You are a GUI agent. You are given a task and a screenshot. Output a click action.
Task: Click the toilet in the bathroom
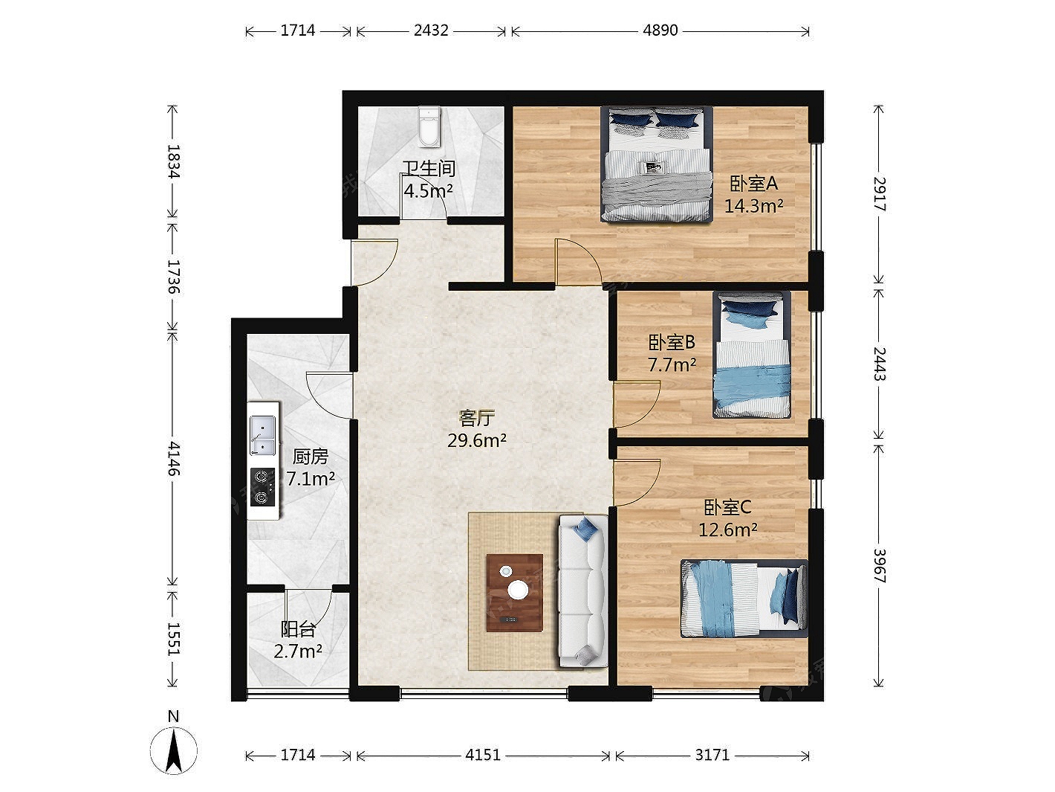point(429,126)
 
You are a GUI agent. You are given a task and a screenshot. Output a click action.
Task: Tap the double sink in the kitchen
point(262,435)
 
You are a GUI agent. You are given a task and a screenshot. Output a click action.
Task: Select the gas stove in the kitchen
point(262,486)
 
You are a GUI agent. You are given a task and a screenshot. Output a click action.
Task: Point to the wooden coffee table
point(514,593)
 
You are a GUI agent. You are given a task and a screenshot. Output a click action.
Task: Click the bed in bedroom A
point(657,164)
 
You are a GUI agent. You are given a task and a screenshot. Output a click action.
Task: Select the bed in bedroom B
point(752,355)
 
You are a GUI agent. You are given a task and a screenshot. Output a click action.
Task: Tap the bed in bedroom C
point(744,598)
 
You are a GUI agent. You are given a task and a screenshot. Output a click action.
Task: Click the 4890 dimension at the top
point(660,30)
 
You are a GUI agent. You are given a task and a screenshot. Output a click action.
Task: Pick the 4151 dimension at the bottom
point(483,755)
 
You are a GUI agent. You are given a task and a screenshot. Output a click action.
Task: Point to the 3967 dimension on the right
point(879,565)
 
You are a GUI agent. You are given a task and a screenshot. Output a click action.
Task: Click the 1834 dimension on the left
point(173,161)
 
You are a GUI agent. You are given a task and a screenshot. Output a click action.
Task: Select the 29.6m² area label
point(477,440)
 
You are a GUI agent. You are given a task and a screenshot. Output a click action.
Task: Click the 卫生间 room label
point(429,169)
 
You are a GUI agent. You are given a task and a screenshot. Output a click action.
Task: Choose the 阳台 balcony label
point(298,628)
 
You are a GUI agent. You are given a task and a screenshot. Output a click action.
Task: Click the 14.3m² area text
point(753,206)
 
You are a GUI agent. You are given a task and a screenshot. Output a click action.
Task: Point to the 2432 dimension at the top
point(431,30)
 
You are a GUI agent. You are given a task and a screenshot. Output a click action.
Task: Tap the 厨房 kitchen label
point(311,457)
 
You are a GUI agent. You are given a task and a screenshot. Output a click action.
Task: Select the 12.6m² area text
point(727,530)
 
